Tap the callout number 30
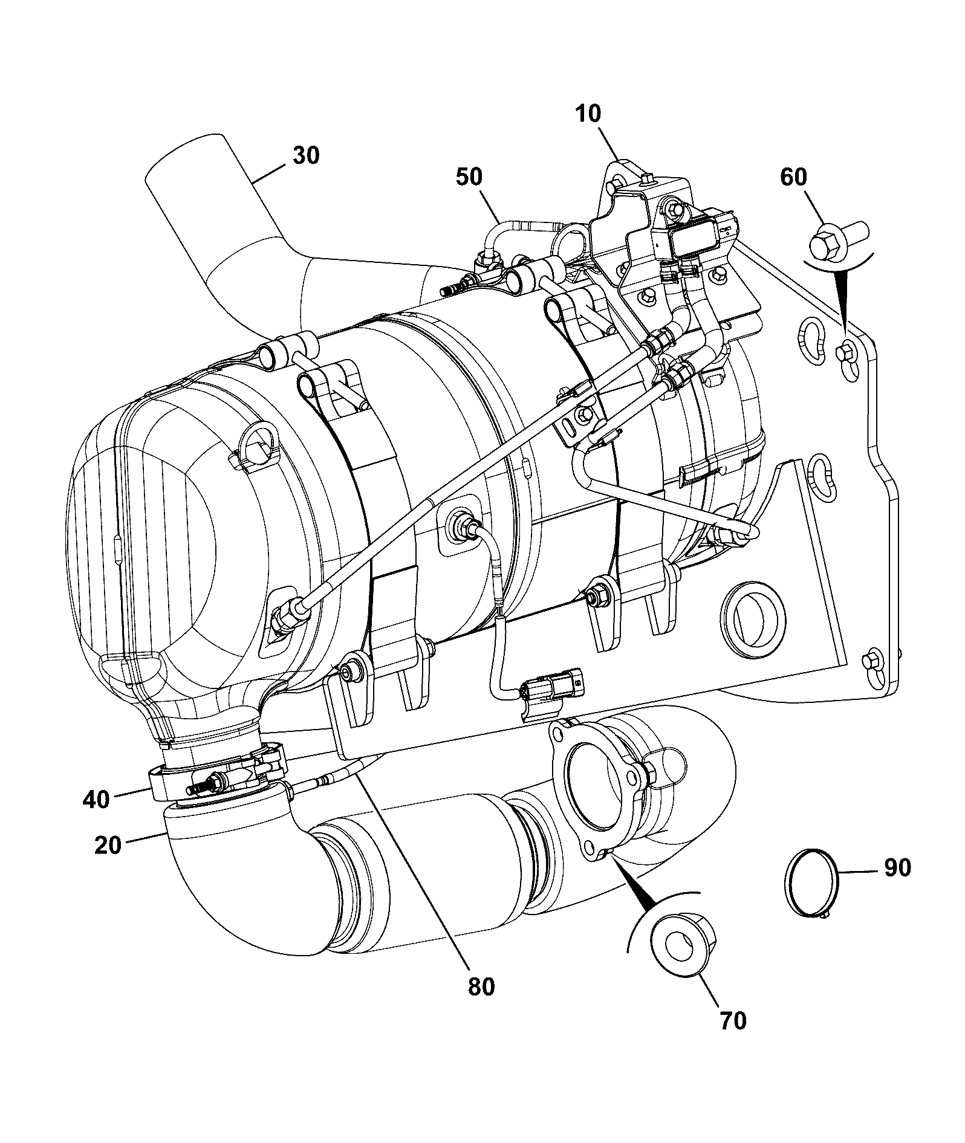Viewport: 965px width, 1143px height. [x=306, y=155]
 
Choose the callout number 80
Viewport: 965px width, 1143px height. [x=481, y=986]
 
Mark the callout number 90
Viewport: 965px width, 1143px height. [x=897, y=867]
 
